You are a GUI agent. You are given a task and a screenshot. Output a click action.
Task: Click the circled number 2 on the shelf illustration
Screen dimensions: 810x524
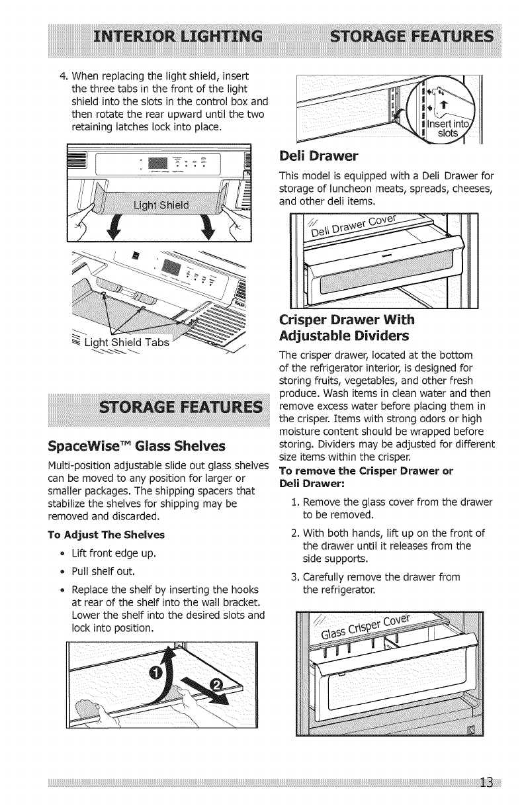[216, 701]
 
